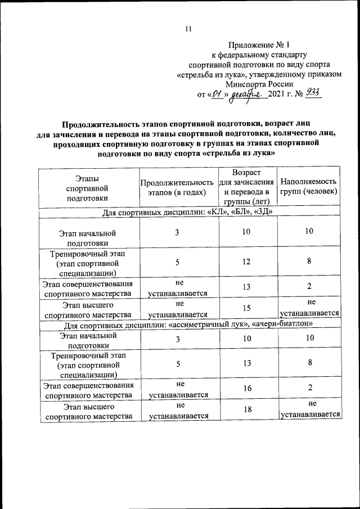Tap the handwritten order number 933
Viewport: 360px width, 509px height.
point(312,93)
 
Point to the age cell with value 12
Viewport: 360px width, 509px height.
point(246,262)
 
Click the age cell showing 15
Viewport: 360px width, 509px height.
point(246,308)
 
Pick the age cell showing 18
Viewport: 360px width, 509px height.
point(246,410)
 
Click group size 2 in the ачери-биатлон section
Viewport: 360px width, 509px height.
point(309,389)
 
